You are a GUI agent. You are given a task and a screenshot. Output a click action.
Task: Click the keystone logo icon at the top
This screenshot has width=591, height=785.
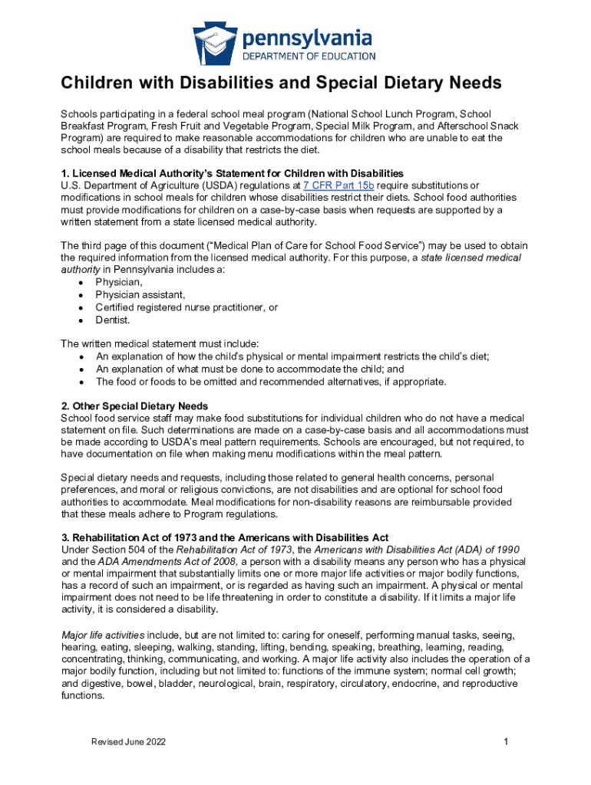coord(216,42)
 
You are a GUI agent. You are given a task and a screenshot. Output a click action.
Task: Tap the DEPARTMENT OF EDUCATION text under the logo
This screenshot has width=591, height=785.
coord(309,56)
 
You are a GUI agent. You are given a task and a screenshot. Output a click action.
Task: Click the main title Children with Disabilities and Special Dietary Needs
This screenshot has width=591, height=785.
coord(281,83)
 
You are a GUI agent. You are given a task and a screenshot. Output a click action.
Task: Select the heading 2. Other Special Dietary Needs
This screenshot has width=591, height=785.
coord(134,406)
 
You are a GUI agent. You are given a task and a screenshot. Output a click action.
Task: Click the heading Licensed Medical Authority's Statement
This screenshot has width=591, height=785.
coord(232,173)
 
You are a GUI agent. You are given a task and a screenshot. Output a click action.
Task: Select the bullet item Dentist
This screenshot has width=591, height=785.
coord(113,320)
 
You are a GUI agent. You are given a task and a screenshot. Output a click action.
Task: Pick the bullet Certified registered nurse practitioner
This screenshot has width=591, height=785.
coord(187,307)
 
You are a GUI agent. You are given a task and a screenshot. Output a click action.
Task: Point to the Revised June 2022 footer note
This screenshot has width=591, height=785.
coord(128,742)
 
